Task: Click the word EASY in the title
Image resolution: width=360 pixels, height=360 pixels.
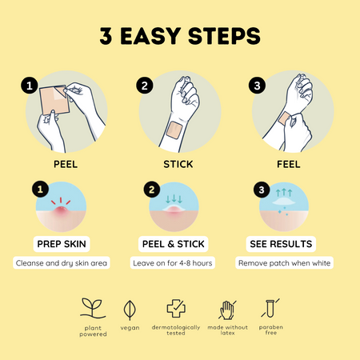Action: (x=150, y=36)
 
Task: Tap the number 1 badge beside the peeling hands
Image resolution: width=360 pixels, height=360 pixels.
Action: (x=30, y=86)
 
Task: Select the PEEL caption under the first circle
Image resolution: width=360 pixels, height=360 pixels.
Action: (x=66, y=164)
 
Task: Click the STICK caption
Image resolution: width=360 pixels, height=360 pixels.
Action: (x=178, y=164)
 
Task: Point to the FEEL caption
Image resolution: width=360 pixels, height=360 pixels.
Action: (x=289, y=164)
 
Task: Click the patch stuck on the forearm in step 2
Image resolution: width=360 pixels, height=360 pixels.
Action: (x=174, y=130)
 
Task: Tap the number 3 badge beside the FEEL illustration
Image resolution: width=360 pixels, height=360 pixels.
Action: (x=257, y=86)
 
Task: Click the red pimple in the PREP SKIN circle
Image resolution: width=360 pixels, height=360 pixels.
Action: (x=61, y=210)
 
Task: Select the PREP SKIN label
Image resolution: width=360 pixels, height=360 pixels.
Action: (x=62, y=244)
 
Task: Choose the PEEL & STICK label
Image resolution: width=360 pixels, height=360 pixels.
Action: (x=174, y=244)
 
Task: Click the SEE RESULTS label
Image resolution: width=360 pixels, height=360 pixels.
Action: (x=281, y=244)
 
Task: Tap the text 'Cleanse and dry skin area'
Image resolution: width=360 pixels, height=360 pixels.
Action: (x=62, y=263)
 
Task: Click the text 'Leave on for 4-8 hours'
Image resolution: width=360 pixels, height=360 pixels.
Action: (x=173, y=263)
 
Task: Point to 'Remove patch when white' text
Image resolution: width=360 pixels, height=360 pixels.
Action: (x=284, y=263)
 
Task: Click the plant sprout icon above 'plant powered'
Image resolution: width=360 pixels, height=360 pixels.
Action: (x=92, y=309)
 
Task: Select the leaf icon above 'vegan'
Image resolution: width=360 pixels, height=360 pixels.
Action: (x=130, y=310)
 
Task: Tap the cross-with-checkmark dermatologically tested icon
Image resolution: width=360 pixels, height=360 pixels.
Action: (x=176, y=308)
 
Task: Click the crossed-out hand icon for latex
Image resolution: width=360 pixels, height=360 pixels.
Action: (x=227, y=310)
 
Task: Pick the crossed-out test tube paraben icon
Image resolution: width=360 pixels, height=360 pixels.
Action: (x=270, y=308)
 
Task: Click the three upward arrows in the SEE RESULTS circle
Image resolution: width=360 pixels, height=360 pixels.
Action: (x=284, y=193)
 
